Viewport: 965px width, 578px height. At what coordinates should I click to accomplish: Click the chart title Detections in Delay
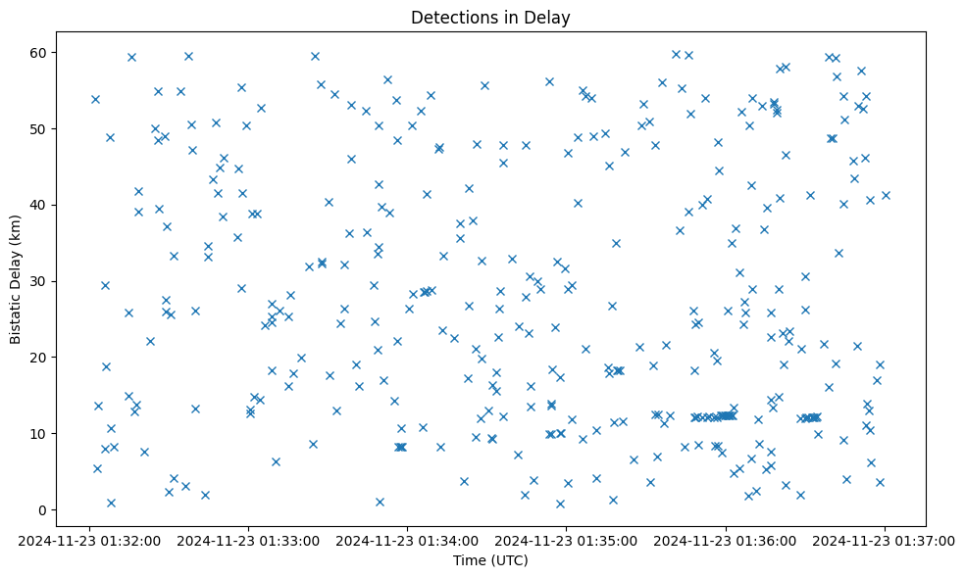490,17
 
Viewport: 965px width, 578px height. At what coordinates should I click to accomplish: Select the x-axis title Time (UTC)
490,560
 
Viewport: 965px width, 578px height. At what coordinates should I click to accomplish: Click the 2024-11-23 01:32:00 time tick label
89,540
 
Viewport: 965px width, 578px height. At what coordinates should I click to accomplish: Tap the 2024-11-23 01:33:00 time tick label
248,540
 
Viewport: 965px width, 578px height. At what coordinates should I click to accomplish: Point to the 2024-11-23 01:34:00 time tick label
408,540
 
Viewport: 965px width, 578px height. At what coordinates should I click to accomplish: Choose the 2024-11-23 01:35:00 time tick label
567,540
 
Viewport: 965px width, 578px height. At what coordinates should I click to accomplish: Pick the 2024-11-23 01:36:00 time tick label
726,540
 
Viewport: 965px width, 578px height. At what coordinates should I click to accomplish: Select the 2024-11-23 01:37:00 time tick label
886,540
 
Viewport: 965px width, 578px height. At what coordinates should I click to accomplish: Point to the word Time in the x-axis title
469,560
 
